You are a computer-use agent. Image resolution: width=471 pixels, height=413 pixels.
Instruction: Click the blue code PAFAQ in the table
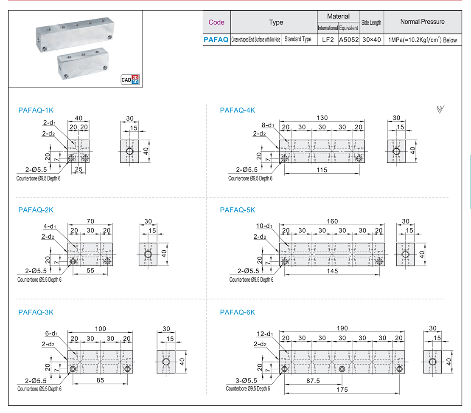pyautogui.click(x=216, y=40)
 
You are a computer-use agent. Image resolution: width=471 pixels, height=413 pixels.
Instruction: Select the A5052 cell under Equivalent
pyautogui.click(x=349, y=40)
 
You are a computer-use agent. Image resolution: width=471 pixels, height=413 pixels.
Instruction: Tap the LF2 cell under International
pyautogui.click(x=328, y=40)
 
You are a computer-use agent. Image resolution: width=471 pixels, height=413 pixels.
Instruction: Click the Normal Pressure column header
pyautogui.click(x=422, y=22)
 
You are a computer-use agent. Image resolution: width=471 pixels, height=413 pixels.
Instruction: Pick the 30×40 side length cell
pyautogui.click(x=371, y=40)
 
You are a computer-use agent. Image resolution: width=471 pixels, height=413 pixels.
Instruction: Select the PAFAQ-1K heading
pyautogui.click(x=36, y=110)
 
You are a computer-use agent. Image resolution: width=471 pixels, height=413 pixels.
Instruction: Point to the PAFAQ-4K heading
pyautogui.click(x=238, y=110)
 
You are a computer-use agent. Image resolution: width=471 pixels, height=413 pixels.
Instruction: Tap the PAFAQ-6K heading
pyautogui.click(x=238, y=312)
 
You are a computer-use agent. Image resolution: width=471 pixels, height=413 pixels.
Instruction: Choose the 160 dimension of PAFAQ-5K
pyautogui.click(x=333, y=221)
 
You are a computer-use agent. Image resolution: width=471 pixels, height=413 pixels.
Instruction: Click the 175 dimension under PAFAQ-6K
pyautogui.click(x=342, y=389)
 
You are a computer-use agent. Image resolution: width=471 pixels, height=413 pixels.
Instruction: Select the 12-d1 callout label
pyautogui.click(x=265, y=334)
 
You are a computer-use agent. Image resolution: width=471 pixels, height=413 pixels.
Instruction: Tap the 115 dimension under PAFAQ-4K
pyautogui.click(x=322, y=170)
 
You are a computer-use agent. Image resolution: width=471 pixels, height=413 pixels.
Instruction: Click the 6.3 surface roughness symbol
pyautogui.click(x=440, y=110)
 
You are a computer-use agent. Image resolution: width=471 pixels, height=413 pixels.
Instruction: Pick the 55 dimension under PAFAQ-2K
pyautogui.click(x=91, y=271)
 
